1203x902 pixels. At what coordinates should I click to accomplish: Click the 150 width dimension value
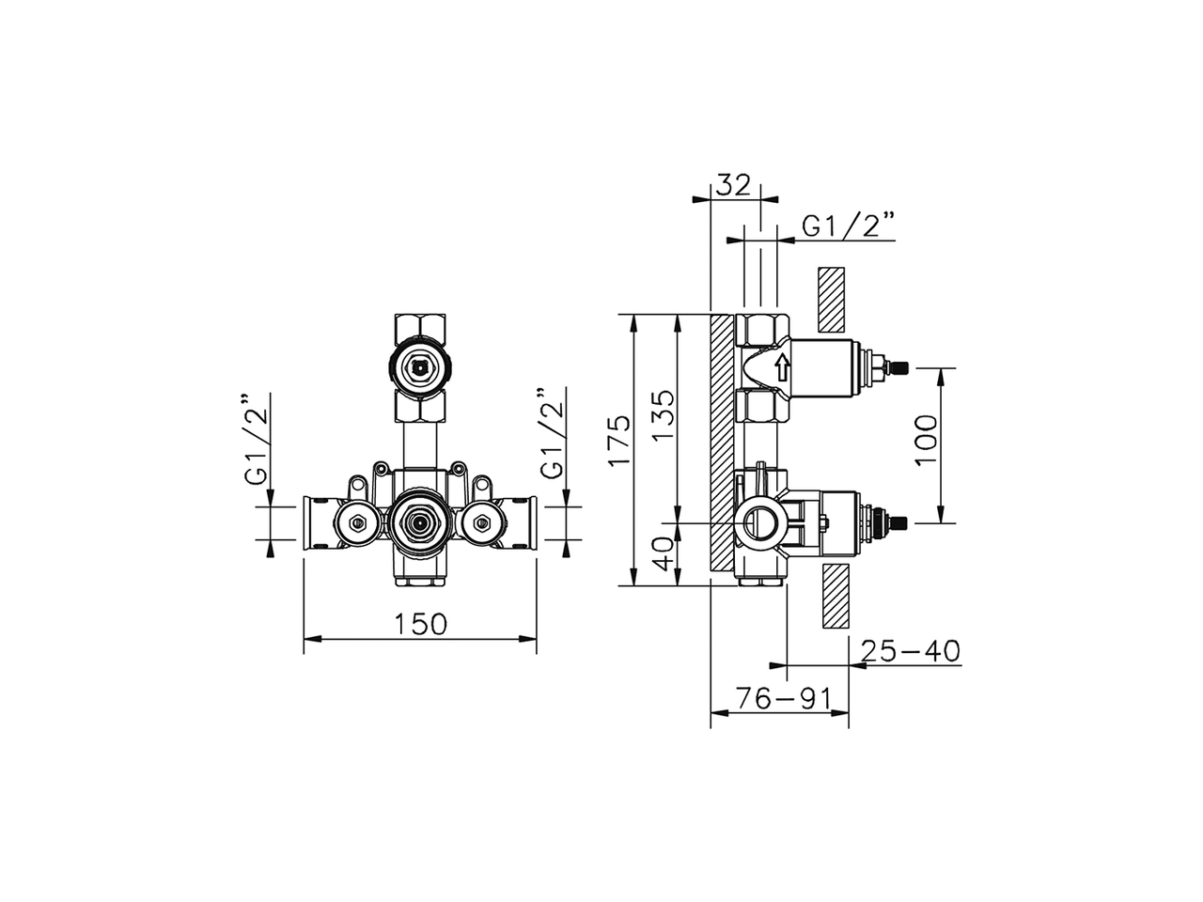420,624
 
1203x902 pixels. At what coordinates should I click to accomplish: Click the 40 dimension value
664,553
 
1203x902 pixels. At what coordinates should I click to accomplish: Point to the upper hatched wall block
832,299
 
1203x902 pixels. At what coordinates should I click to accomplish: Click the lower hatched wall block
834,596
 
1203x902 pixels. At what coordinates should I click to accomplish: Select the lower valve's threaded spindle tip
899,522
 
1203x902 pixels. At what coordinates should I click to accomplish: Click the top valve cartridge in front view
420,365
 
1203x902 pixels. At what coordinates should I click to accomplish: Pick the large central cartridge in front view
420,521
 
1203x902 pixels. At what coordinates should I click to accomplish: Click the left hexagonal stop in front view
356,521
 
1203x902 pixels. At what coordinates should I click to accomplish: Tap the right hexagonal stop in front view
483,521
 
